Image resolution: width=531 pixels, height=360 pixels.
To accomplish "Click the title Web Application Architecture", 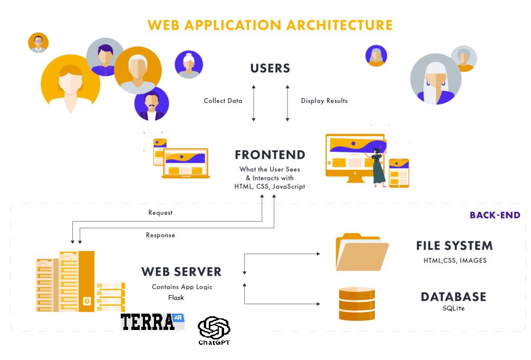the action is pos(270,25).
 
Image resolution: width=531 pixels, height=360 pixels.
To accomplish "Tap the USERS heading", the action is pos(270,69).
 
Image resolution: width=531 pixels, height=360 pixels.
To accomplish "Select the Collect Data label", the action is pos(223,101).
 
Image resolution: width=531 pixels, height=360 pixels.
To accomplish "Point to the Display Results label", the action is pos(324,101).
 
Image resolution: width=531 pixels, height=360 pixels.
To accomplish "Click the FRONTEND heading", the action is pos(270,155).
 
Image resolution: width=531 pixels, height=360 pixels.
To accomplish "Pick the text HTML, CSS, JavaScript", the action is pos(269,187).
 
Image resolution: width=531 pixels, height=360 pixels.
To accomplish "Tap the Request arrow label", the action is pos(160,213).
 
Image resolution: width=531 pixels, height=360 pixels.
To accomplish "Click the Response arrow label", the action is pos(160,235).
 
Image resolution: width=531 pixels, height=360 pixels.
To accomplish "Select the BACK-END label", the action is pos(495,215).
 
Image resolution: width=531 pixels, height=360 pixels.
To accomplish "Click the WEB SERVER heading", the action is pos(181,271).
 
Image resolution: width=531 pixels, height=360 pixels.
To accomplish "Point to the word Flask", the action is pos(176,297).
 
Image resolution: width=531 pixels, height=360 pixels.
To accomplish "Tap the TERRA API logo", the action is pos(152,322).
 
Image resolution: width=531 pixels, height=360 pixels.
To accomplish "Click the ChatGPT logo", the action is pos(214,330).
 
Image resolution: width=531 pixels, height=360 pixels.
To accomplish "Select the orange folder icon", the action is pos(362,252).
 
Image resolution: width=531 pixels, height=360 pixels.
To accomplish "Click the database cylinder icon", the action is pos(357,304).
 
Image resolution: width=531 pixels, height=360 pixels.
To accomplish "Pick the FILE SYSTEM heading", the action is pos(454,246).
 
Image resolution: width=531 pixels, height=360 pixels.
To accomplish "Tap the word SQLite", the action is pos(453,308).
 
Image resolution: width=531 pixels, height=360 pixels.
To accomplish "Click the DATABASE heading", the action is pos(453,297).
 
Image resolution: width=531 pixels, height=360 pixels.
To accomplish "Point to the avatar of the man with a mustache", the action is pos(151,104).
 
